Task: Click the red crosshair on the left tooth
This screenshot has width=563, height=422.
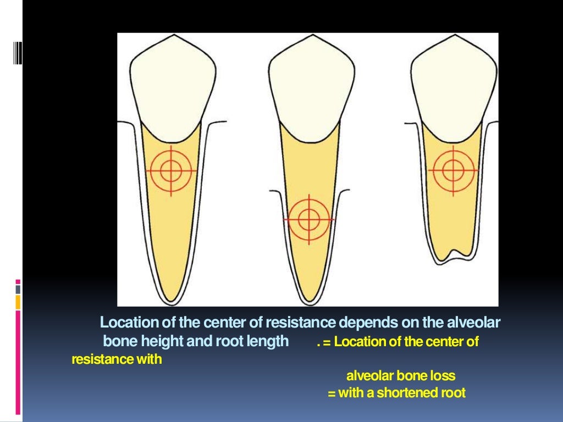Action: pyautogui.click(x=171, y=170)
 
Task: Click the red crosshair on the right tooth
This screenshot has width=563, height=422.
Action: pyautogui.click(x=452, y=170)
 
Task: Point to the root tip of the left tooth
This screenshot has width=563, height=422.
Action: pyautogui.click(x=171, y=299)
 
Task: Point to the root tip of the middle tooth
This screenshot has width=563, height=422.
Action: pyautogui.click(x=308, y=300)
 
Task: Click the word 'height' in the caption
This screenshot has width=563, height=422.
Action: pyautogui.click(x=163, y=342)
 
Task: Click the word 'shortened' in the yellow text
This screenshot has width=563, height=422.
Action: pyautogui.click(x=404, y=393)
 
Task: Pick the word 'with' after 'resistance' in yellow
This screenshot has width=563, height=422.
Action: pyautogui.click(x=151, y=360)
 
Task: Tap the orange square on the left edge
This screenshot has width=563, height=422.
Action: pyautogui.click(x=18, y=302)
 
